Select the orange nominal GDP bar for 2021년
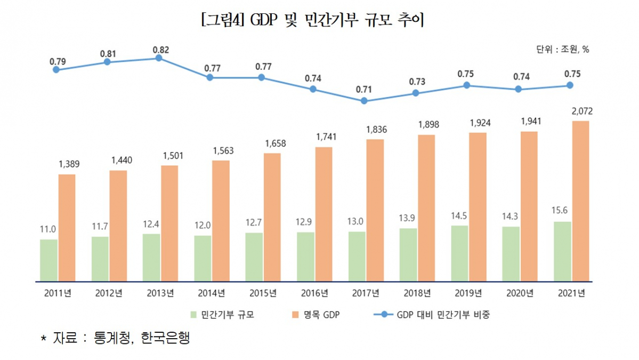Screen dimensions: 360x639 tap(580, 201)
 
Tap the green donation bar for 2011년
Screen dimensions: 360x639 tap(48, 260)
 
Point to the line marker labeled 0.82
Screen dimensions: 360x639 tap(158, 58)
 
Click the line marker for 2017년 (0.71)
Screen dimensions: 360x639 tap(364, 100)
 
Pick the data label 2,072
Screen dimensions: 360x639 tap(582, 111)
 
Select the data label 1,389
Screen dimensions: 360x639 tap(69, 164)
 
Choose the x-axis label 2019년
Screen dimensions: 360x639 tap(468, 293)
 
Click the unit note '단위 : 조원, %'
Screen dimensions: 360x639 tap(562, 49)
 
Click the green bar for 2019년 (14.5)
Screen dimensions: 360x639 tap(459, 253)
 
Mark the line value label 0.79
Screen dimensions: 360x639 tap(57, 61)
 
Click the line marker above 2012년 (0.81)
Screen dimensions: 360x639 tap(107, 62)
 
